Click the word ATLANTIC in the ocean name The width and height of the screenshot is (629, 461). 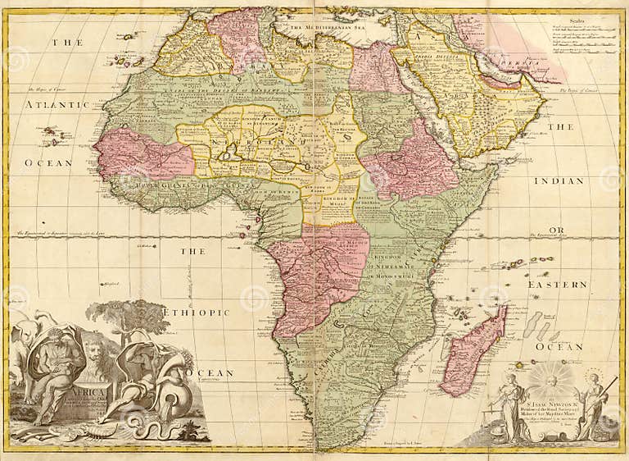(x=57, y=105)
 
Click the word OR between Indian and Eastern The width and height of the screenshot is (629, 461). (x=557, y=230)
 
